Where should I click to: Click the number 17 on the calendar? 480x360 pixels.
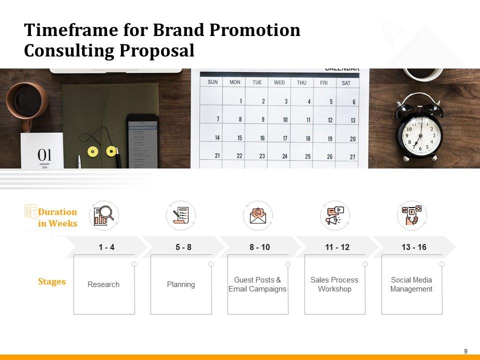[x=284, y=138]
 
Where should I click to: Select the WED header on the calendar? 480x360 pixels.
[x=279, y=82]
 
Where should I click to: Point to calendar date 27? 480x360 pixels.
[x=352, y=157]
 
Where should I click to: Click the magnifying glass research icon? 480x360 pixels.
[x=104, y=215]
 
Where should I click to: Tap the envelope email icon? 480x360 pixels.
[x=258, y=215]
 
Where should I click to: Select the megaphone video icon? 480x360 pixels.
[x=334, y=216]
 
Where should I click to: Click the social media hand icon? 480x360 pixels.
[x=411, y=215]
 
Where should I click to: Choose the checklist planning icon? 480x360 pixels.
[x=180, y=215]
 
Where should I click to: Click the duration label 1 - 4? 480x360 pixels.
[x=106, y=247]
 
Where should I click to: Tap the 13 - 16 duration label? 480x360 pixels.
[x=414, y=247]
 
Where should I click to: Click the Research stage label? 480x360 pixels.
[x=103, y=284]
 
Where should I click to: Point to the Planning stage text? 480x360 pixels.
[x=181, y=284]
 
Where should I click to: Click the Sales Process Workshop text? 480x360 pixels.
[x=334, y=284]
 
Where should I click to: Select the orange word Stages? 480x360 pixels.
[x=52, y=281]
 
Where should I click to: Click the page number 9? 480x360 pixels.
[x=466, y=351]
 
